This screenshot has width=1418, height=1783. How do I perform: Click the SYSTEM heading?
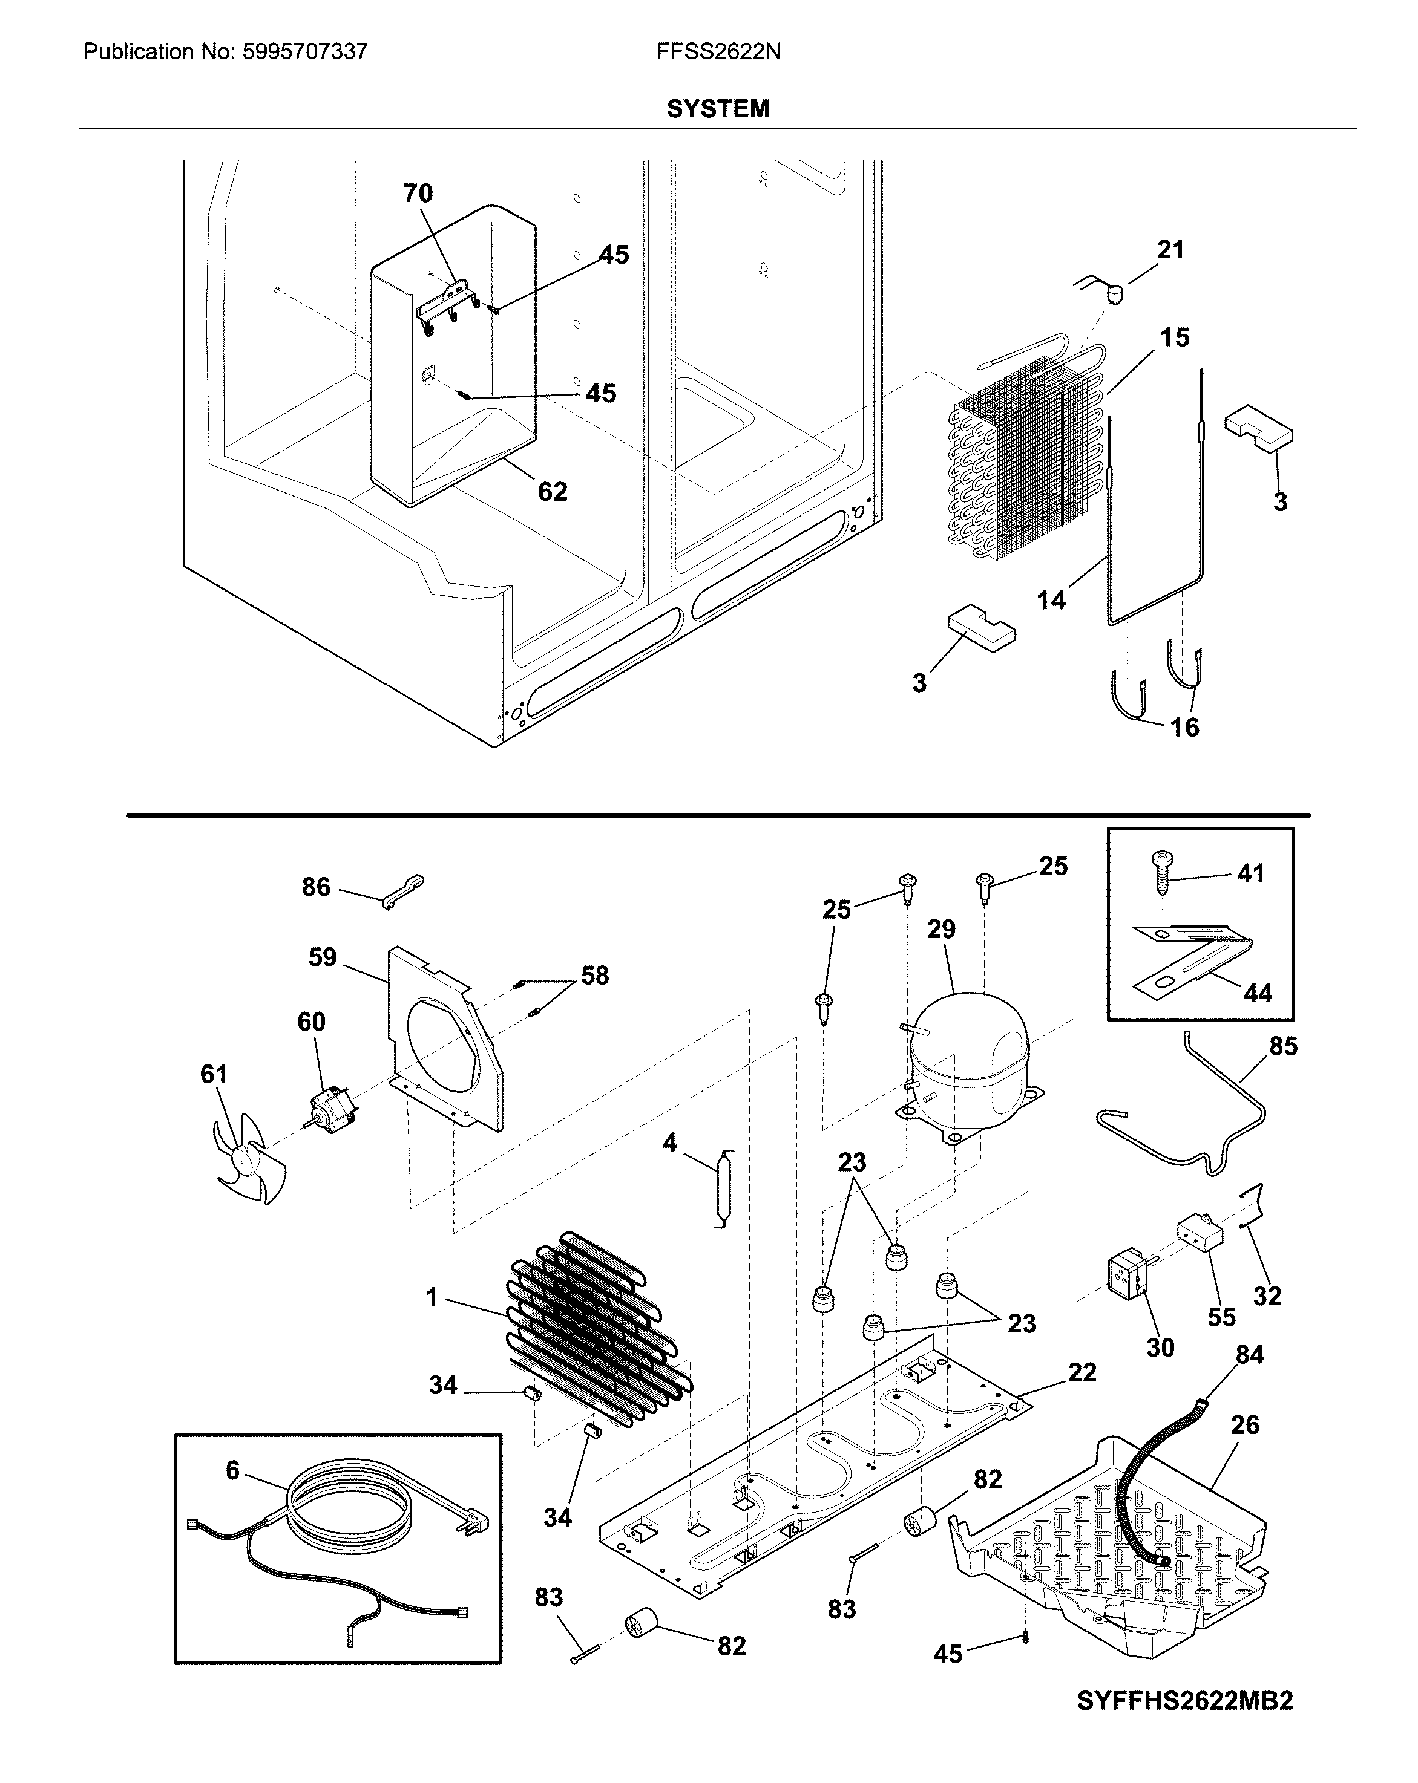(717, 109)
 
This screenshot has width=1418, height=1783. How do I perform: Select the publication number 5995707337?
(304, 52)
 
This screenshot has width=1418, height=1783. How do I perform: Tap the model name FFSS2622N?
(718, 52)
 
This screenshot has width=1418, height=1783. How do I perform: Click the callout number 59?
(322, 957)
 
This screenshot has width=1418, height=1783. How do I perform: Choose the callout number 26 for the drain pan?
(1244, 1424)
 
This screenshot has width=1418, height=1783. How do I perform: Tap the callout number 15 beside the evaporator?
(1174, 337)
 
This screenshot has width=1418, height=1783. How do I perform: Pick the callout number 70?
(418, 193)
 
